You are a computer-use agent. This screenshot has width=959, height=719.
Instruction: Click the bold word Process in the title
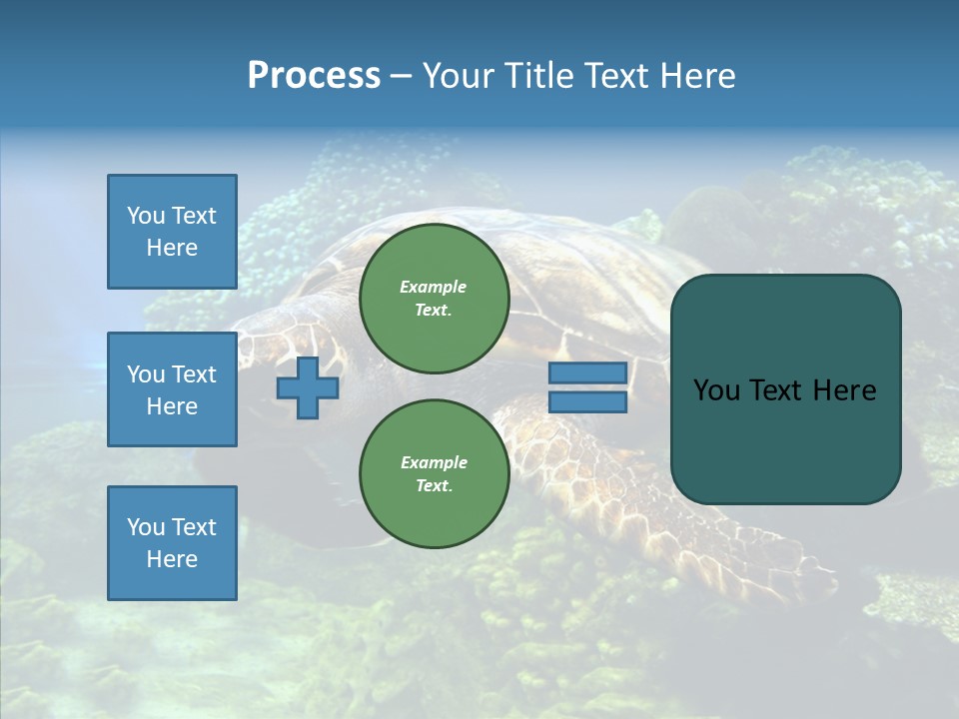tap(314, 76)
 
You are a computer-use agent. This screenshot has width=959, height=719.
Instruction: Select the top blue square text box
tap(172, 232)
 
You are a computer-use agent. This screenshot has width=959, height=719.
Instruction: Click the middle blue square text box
tap(172, 389)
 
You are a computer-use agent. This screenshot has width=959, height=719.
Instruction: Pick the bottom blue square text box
tap(172, 543)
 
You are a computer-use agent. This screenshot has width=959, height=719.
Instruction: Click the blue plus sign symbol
tap(308, 387)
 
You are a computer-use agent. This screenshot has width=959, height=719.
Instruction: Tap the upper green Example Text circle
tap(434, 298)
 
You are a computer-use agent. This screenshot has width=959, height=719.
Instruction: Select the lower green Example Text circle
tap(434, 473)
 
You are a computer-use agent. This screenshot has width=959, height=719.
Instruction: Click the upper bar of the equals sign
tap(588, 372)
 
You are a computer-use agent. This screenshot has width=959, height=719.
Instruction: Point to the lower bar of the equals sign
tap(588, 402)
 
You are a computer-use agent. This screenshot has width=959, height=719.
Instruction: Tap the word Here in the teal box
tap(845, 390)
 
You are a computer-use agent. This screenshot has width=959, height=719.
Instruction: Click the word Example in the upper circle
tap(433, 287)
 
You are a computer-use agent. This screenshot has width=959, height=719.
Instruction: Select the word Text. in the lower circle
tap(434, 485)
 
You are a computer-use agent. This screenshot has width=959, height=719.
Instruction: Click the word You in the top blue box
tap(146, 216)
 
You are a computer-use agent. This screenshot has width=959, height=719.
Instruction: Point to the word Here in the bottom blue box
tap(172, 559)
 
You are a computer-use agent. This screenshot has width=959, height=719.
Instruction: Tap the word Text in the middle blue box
tap(194, 374)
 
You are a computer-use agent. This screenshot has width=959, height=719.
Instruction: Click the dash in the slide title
tap(402, 76)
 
